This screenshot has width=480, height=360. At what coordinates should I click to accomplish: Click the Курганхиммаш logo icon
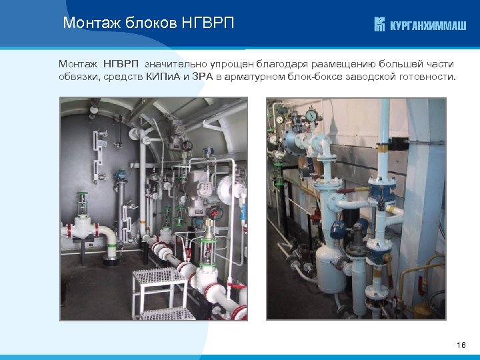379,25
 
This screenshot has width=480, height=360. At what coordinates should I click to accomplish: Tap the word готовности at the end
429,77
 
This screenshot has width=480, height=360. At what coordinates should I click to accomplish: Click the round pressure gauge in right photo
311,116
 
